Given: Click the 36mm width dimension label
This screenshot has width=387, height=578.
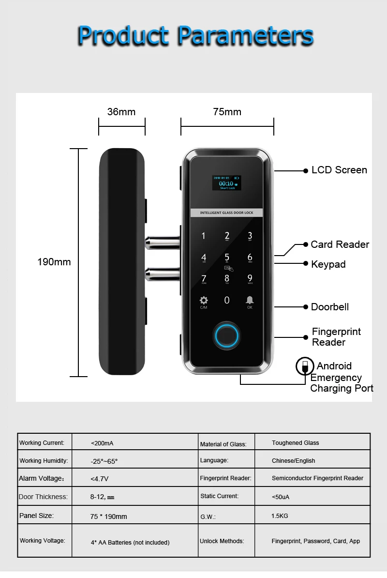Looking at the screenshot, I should [x=121, y=112].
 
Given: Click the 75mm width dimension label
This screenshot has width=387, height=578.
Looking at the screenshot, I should [x=227, y=112].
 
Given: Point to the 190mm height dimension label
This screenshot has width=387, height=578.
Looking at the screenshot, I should [x=54, y=262].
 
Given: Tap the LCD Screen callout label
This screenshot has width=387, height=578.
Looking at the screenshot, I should [x=339, y=170].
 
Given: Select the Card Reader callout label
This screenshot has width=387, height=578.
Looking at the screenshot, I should [x=340, y=244].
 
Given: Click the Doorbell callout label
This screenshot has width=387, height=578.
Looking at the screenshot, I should [x=330, y=307].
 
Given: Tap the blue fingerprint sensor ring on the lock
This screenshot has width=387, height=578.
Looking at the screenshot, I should [x=226, y=334].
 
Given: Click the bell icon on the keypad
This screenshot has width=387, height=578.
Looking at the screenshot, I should [x=250, y=300].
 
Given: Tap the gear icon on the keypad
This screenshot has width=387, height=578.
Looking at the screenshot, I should [x=204, y=300].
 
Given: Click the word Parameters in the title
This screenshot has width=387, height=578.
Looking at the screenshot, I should [x=246, y=35].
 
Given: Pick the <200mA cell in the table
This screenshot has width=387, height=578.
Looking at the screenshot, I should [x=102, y=443].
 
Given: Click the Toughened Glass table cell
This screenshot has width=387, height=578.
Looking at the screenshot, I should [x=295, y=443].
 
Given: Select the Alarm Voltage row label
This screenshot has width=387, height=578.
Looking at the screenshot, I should [x=41, y=479].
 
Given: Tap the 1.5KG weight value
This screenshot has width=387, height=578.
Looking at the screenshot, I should [x=280, y=516].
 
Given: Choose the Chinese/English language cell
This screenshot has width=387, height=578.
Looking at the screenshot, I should [x=293, y=461].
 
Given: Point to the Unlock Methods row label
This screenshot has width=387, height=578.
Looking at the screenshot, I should [x=222, y=541].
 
